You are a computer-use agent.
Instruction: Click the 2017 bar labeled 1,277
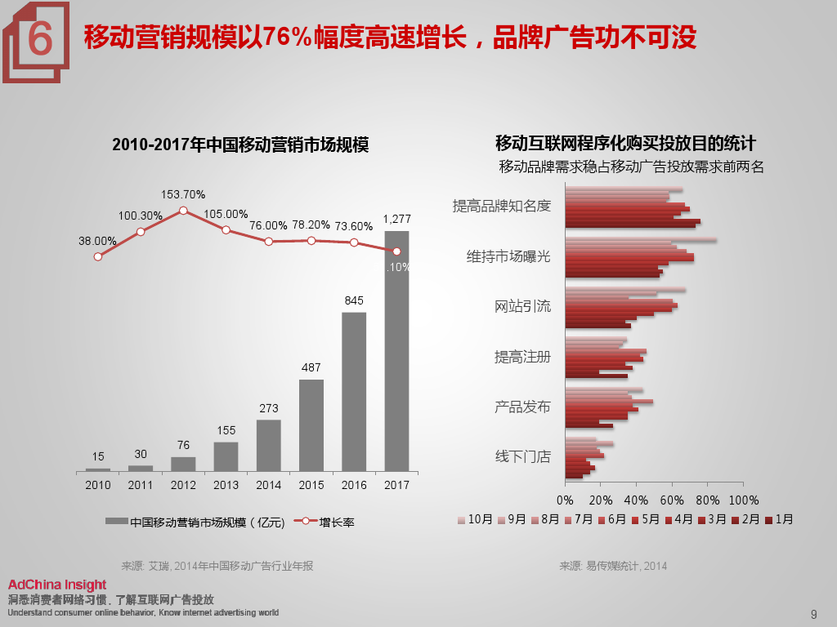[x=396, y=351]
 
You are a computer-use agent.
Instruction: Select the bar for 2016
[x=354, y=392]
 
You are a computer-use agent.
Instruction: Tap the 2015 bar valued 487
[x=311, y=425]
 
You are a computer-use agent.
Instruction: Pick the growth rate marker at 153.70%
[x=183, y=210]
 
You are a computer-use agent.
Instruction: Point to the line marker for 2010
[x=98, y=256]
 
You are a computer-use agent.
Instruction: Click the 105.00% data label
[x=226, y=214]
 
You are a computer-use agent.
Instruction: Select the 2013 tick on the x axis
[x=226, y=485]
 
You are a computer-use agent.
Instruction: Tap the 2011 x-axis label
[x=141, y=485]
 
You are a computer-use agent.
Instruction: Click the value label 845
[x=354, y=300]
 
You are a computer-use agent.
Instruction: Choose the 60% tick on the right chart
[x=672, y=500]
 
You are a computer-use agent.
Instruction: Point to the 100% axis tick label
[x=743, y=500]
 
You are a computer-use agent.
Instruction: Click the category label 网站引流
[x=523, y=306]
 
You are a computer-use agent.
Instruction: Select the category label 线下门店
[x=523, y=456]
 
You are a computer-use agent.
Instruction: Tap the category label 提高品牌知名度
[x=502, y=206]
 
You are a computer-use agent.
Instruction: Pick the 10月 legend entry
[x=475, y=519]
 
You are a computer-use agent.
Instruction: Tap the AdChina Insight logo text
[x=57, y=585]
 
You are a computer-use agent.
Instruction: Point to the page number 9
[x=813, y=615]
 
